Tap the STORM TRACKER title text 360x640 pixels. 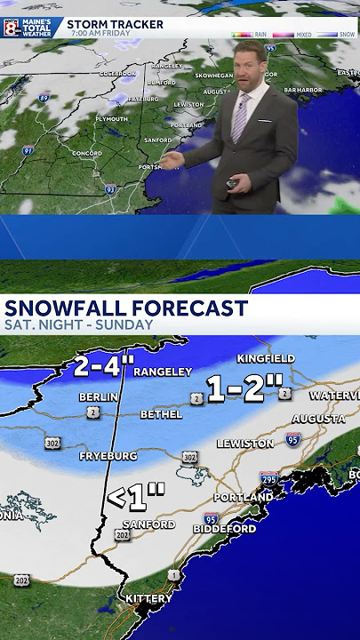[116, 24]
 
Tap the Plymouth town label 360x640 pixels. [112, 118]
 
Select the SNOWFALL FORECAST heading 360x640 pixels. [126, 308]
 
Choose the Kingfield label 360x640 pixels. [266, 358]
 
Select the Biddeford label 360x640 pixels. [226, 529]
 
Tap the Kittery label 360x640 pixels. [148, 599]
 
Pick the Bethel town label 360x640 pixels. [159, 414]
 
